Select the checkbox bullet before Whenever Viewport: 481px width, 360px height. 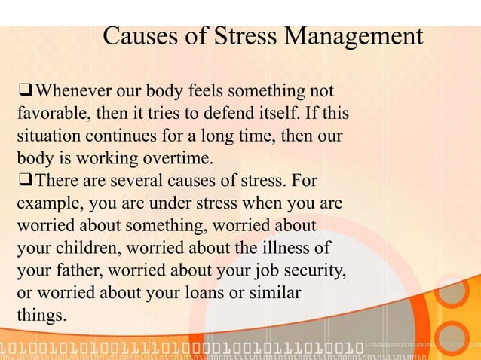click(25, 93)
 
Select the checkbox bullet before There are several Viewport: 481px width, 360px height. click(25, 182)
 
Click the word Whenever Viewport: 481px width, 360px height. click(74, 93)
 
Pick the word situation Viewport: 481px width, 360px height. click(47, 138)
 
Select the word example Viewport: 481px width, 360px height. click(48, 204)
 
